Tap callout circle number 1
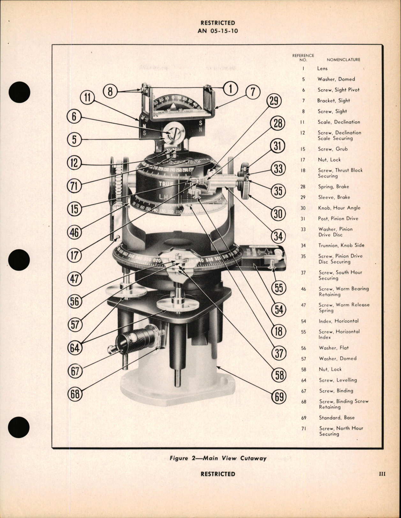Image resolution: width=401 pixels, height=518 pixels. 230,89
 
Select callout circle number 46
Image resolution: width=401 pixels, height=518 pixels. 75,232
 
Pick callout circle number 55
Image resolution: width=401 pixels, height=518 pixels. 279,288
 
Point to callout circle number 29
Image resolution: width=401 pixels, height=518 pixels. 274,101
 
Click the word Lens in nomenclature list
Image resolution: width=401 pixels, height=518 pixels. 322,68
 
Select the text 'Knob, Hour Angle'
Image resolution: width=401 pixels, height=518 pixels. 339,208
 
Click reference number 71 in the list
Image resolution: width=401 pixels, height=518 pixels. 303,429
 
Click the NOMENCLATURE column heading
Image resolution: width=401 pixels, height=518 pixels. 343,60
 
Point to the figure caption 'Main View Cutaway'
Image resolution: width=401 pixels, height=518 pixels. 218,458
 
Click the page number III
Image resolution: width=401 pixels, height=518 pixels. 382,474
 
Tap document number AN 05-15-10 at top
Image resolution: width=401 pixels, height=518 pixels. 218,31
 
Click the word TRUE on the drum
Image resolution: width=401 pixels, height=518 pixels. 166,184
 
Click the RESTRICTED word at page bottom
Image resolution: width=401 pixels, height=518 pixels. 218,474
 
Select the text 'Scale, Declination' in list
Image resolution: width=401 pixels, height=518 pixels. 339,122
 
